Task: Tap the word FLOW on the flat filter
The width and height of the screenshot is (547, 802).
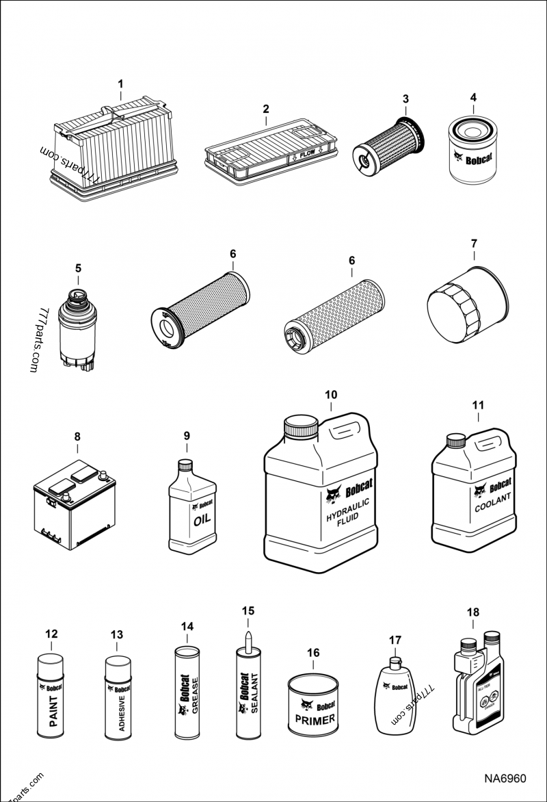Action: coord(307,154)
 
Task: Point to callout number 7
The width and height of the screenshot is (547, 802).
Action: coord(473,243)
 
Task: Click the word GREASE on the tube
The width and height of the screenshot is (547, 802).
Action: coord(194,696)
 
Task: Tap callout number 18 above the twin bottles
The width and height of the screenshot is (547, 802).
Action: coord(473,612)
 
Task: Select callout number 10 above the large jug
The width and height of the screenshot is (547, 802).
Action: coord(331,395)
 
